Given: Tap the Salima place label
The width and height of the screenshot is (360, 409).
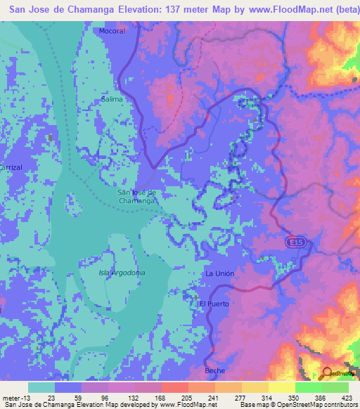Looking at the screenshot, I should tap(112, 99).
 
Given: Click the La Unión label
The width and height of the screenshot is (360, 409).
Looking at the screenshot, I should tap(219, 273).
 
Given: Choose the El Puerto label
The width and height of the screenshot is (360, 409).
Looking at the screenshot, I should tap(214, 304).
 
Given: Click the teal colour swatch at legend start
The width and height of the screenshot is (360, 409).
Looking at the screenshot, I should tap(41, 387).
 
